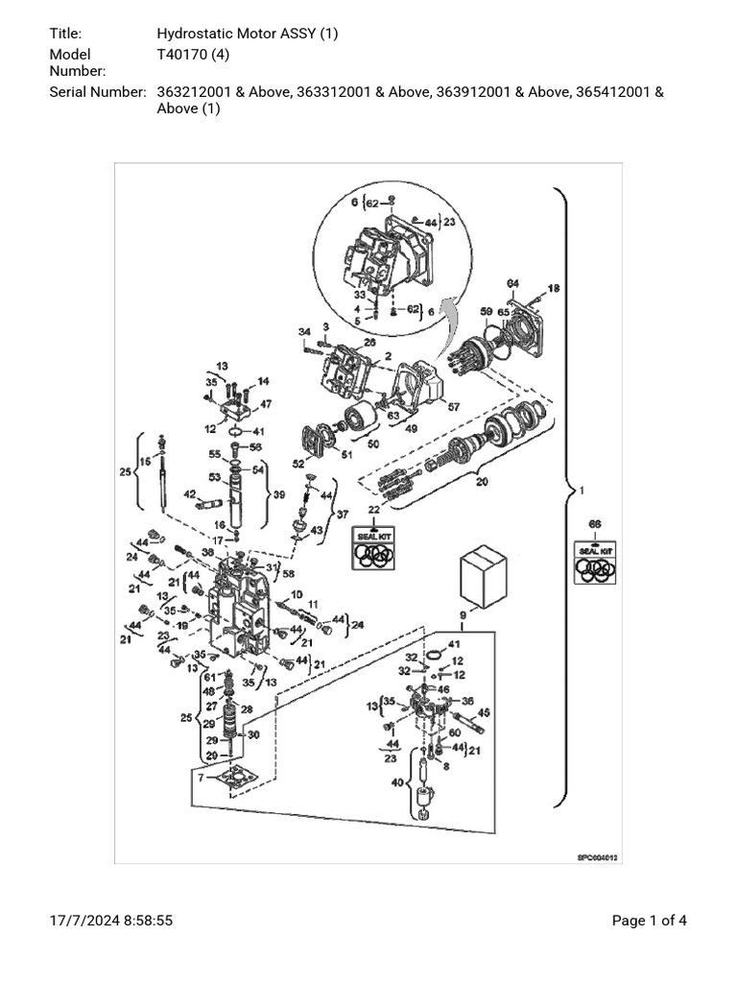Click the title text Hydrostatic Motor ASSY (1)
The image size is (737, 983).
click(248, 35)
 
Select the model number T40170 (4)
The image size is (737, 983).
click(192, 55)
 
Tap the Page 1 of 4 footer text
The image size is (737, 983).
click(650, 922)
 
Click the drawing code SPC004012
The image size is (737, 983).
click(596, 858)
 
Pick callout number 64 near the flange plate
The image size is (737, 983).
click(512, 283)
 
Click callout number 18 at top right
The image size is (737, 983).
click(553, 288)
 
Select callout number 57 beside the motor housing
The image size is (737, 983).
click(454, 407)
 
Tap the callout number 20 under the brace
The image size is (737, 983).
click(481, 482)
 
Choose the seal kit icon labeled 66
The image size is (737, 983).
click(595, 562)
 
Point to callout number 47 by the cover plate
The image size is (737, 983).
click(266, 404)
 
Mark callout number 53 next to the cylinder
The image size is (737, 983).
click(215, 476)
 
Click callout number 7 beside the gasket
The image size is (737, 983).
click(200, 777)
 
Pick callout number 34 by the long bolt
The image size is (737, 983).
click(304, 332)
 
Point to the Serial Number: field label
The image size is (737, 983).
click(97, 92)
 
